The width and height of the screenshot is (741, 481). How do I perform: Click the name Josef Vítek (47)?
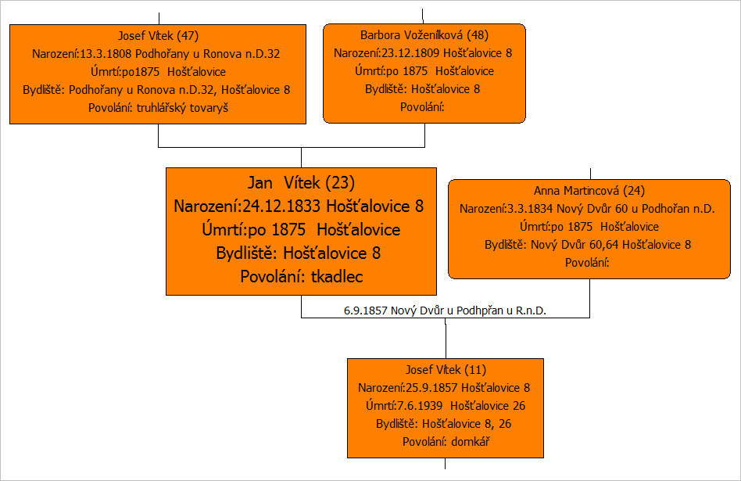[158, 36]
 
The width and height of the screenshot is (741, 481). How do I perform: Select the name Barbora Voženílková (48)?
[424, 35]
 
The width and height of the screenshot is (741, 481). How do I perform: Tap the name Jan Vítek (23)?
[301, 182]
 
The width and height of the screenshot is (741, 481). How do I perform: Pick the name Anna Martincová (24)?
[589, 191]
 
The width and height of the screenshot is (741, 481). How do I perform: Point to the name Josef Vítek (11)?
[446, 370]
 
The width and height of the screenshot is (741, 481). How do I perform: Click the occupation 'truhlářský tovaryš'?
[182, 108]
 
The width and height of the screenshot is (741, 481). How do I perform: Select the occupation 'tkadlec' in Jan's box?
[337, 277]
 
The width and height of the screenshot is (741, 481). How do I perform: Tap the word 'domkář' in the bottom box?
[471, 442]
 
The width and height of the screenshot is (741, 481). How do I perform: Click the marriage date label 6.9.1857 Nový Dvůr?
[445, 310]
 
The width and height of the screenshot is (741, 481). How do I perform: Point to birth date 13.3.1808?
[106, 54]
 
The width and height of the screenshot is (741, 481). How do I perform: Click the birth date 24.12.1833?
[282, 206]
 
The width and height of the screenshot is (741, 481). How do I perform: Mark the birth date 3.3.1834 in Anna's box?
[530, 209]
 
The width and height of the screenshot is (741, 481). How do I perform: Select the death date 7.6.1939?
[420, 406]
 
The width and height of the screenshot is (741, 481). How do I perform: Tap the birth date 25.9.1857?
[431, 388]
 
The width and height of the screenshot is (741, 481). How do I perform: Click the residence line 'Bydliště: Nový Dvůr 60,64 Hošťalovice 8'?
[588, 245]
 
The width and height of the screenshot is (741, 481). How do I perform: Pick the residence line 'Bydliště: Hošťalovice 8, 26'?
[443, 424]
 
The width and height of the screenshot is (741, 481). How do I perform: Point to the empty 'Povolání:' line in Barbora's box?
[422, 107]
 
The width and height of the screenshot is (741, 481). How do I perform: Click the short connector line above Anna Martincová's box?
[591, 174]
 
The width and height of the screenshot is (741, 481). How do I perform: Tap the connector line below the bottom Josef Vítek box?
[446, 464]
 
